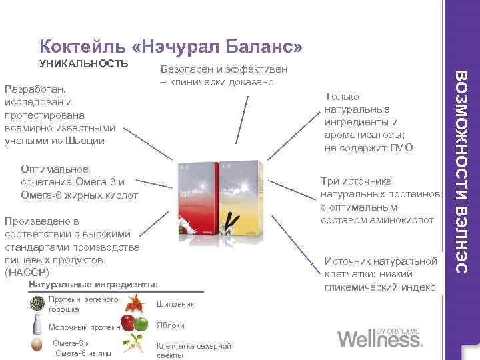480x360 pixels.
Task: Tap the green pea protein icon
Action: click(x=37, y=304)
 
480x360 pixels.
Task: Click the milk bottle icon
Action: click(x=37, y=326)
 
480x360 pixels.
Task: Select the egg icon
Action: click(x=37, y=347)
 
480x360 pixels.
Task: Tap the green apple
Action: click(x=140, y=325)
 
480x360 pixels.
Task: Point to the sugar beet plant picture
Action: click(x=137, y=344)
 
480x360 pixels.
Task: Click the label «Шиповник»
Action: click(x=175, y=304)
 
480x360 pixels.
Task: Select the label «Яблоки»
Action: click(x=171, y=325)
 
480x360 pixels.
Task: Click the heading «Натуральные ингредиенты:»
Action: click(x=94, y=285)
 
